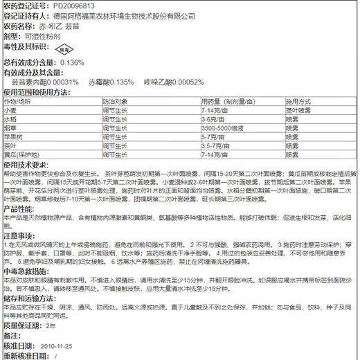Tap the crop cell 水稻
click(10, 119)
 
